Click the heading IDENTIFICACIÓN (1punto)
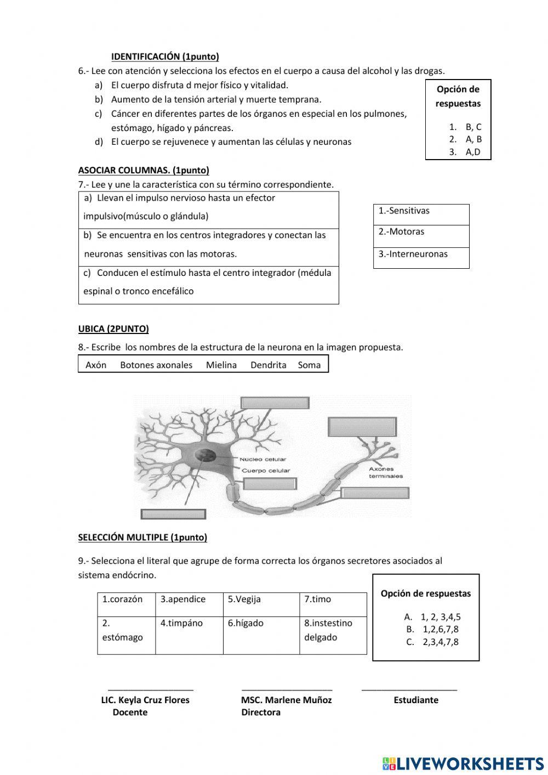coord(165,56)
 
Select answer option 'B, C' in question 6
coord(473,127)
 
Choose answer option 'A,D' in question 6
coord(472,152)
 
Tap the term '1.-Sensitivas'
coord(404,211)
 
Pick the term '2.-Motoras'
coord(401,232)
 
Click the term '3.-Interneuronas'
coord(413,254)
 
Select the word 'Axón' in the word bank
coord(96,365)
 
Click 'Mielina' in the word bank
coord(221,365)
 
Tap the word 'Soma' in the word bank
coord(309,365)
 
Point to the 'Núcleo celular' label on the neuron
coord(262,460)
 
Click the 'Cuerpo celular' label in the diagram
coord(266,471)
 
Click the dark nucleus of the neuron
coord(207,455)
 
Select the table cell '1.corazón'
coord(122,599)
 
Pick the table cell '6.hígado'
coord(246,623)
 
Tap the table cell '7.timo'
coord(318,599)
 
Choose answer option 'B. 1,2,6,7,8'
coord(432,629)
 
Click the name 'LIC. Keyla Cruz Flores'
coord(145,700)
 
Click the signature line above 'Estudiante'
coord(409,689)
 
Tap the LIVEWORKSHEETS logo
coord(463,763)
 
